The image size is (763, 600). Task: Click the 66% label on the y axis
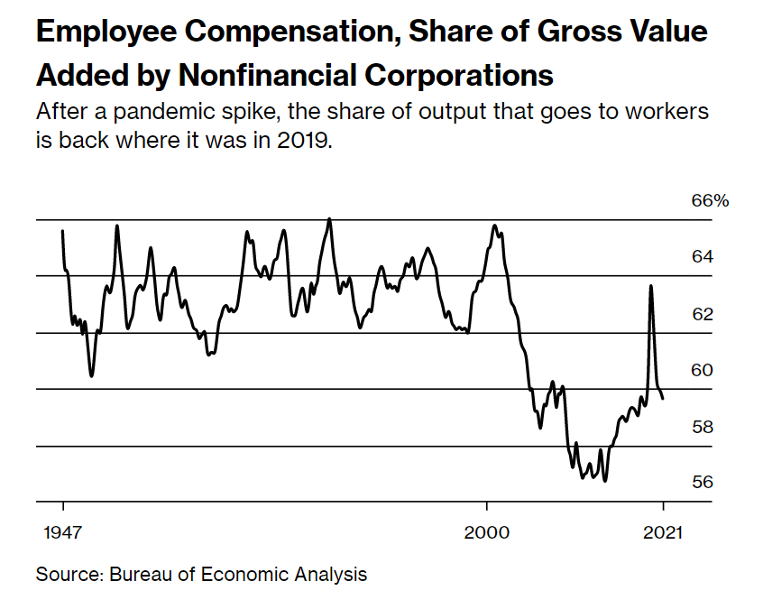click(709, 200)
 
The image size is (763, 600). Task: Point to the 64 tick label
click(703, 257)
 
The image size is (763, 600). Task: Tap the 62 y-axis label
click(703, 314)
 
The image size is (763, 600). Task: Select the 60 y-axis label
click(703, 370)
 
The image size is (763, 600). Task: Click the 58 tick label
click(703, 426)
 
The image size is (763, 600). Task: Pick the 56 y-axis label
click(703, 482)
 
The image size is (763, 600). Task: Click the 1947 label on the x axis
click(63, 532)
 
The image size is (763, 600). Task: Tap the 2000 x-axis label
click(487, 532)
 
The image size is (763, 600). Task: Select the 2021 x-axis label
click(664, 532)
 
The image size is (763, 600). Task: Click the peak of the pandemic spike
click(651, 286)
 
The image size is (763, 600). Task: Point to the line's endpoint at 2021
click(664, 398)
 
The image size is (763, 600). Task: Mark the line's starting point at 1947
click(62, 231)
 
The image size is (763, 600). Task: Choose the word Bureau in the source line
click(141, 574)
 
